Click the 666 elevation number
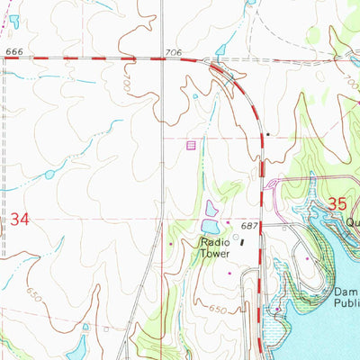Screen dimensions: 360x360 [x=13, y=51]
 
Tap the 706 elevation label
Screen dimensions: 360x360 [x=174, y=53]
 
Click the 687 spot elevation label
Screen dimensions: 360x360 [x=249, y=226]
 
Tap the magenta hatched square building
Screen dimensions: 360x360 [x=190, y=144]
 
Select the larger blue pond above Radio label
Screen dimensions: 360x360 [x=210, y=226]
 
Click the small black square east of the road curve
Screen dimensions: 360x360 [x=267, y=134]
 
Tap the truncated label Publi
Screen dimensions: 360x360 [x=346, y=304]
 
